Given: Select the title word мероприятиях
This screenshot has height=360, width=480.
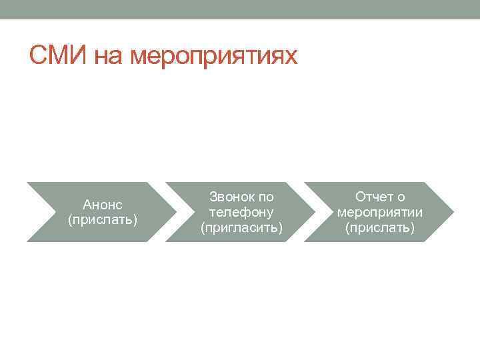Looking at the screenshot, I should (x=213, y=57).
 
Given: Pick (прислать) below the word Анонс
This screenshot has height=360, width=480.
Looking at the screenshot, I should (x=102, y=219).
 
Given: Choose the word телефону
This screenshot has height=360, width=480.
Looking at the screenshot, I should (x=241, y=212).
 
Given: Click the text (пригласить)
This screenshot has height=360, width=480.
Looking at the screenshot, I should (x=241, y=227).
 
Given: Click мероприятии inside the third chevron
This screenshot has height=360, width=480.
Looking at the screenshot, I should (x=380, y=212).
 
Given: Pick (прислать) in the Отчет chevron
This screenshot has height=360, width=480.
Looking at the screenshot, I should (x=380, y=227).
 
